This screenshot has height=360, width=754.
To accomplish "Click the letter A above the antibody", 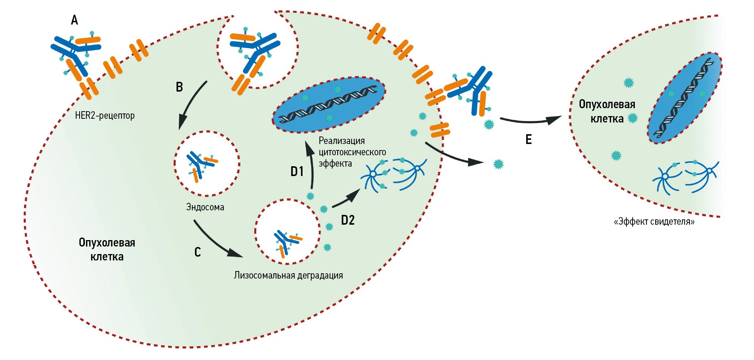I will point(75,20).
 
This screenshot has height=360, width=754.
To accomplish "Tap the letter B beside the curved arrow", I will point(180,87).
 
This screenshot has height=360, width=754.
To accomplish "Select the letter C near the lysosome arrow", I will point(198,252).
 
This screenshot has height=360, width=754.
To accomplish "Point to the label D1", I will point(297,172).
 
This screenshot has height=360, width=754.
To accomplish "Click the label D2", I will point(348,220).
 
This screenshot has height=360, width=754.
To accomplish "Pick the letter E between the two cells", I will point(529,139).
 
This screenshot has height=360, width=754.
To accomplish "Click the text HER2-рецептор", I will point(105,115).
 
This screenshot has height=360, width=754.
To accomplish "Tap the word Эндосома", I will point(205,207).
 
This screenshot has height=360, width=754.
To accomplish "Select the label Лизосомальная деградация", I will point(289,275).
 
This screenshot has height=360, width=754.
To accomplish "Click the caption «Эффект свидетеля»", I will point(654,222).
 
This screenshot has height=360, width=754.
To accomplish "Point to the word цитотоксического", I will point(352,152).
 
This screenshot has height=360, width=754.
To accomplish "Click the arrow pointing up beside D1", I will point(311,166).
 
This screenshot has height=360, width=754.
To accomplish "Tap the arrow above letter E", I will point(530,120).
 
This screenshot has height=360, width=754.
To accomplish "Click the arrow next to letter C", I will point(215,241).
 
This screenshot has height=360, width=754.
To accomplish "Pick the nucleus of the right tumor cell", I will point(685,98).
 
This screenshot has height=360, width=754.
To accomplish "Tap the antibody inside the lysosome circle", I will point(287,242).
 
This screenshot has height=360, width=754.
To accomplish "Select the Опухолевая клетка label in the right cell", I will point(607,111).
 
